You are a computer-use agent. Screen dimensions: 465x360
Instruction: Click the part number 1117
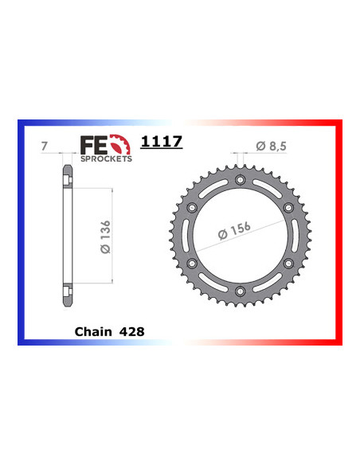pos(162,143)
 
